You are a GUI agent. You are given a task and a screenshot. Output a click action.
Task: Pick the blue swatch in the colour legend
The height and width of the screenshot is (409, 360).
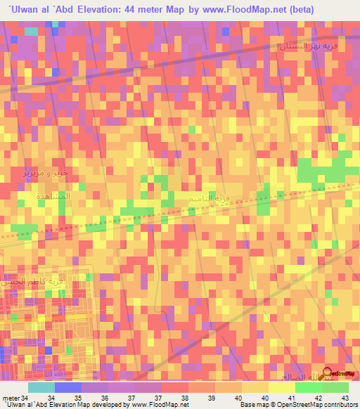tap(67, 387)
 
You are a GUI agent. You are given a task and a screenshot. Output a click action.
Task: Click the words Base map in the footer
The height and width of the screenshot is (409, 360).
tap(254, 404)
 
